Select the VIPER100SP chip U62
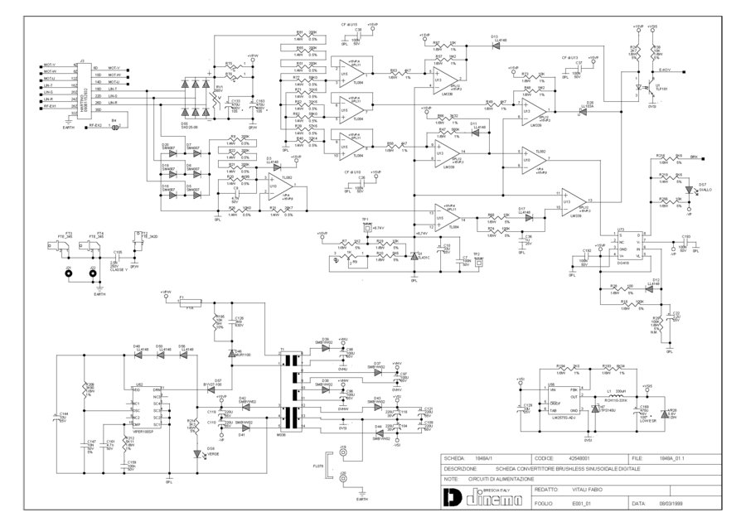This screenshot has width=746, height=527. [x=149, y=407]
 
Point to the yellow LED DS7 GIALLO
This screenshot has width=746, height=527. [x=688, y=190]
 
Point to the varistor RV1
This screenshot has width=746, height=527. [x=219, y=95]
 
